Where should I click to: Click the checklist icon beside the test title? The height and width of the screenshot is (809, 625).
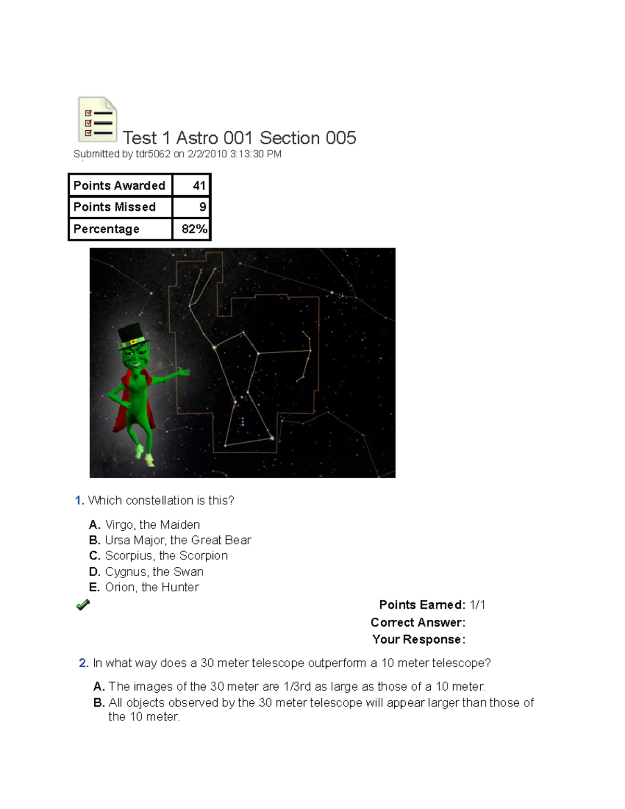click(97, 119)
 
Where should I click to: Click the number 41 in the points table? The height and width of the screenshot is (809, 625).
click(199, 185)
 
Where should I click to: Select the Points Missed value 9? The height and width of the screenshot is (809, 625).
click(203, 207)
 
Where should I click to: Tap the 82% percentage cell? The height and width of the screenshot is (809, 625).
click(194, 229)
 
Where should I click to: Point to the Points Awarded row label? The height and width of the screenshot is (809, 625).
click(119, 185)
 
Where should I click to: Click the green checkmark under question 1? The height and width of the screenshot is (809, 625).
click(83, 604)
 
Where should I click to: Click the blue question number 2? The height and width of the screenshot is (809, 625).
click(83, 663)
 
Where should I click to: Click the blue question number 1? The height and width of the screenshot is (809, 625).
click(79, 500)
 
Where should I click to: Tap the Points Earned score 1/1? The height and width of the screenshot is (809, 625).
click(477, 605)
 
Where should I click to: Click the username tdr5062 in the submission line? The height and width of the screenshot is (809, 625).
click(153, 154)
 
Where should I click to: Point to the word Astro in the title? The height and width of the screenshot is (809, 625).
click(197, 138)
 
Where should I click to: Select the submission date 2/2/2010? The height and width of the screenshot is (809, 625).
click(207, 154)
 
